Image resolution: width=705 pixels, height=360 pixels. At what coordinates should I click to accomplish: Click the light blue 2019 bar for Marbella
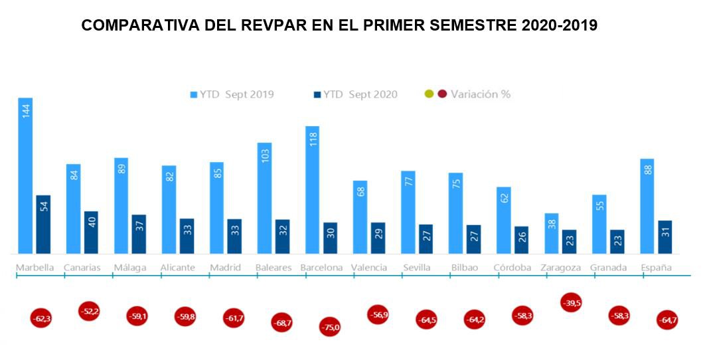pyautogui.click(x=25, y=175)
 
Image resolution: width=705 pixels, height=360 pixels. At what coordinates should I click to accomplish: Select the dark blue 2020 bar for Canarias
pyautogui.click(x=91, y=232)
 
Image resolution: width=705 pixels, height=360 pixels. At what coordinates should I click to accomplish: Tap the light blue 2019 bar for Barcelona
pyautogui.click(x=312, y=189)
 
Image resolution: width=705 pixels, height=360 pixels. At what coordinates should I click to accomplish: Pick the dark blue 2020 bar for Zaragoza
pyautogui.click(x=569, y=241)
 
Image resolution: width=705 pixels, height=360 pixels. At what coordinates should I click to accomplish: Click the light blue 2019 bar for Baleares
pyautogui.click(x=264, y=197)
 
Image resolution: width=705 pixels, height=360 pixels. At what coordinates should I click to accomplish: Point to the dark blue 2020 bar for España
pyautogui.click(x=665, y=236)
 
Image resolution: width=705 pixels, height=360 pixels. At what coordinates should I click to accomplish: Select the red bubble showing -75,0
pyautogui.click(x=329, y=327)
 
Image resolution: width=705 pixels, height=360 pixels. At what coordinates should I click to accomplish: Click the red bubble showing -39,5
pyautogui.click(x=570, y=303)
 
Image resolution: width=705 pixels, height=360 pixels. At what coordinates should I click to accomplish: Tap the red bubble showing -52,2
pyautogui.click(x=89, y=311)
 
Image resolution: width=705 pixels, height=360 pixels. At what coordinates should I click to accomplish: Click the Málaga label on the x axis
pyautogui.click(x=130, y=268)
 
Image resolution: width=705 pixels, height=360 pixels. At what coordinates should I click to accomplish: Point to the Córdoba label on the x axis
pyautogui.click(x=512, y=268)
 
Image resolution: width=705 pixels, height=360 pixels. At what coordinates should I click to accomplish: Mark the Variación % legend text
pyautogui.click(x=480, y=94)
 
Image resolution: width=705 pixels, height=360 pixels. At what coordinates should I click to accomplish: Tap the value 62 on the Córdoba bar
pyautogui.click(x=503, y=197)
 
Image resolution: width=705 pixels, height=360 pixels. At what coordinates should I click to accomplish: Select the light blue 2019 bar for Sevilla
pyautogui.click(x=408, y=212)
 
